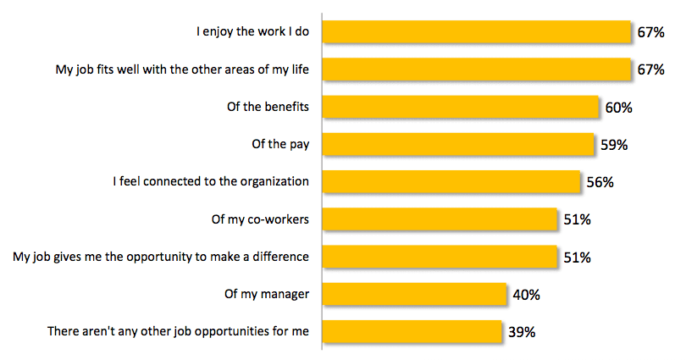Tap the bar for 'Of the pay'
[459, 144]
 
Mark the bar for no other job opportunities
[412, 331]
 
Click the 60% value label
[619, 108]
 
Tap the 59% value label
[613, 145]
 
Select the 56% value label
[600, 182]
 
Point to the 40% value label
[526, 295]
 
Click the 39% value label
[521, 332]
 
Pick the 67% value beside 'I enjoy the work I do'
[650, 33]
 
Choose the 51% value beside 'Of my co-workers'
[576, 219]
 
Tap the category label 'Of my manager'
[263, 294]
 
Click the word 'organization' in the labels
[274, 181]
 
